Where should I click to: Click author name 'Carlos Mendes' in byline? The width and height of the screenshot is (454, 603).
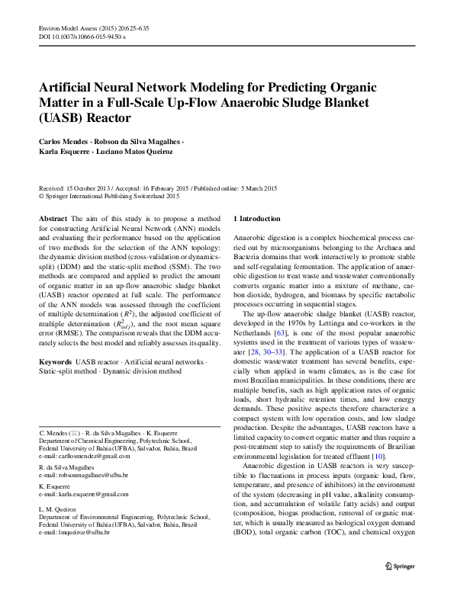[x=65, y=143]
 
